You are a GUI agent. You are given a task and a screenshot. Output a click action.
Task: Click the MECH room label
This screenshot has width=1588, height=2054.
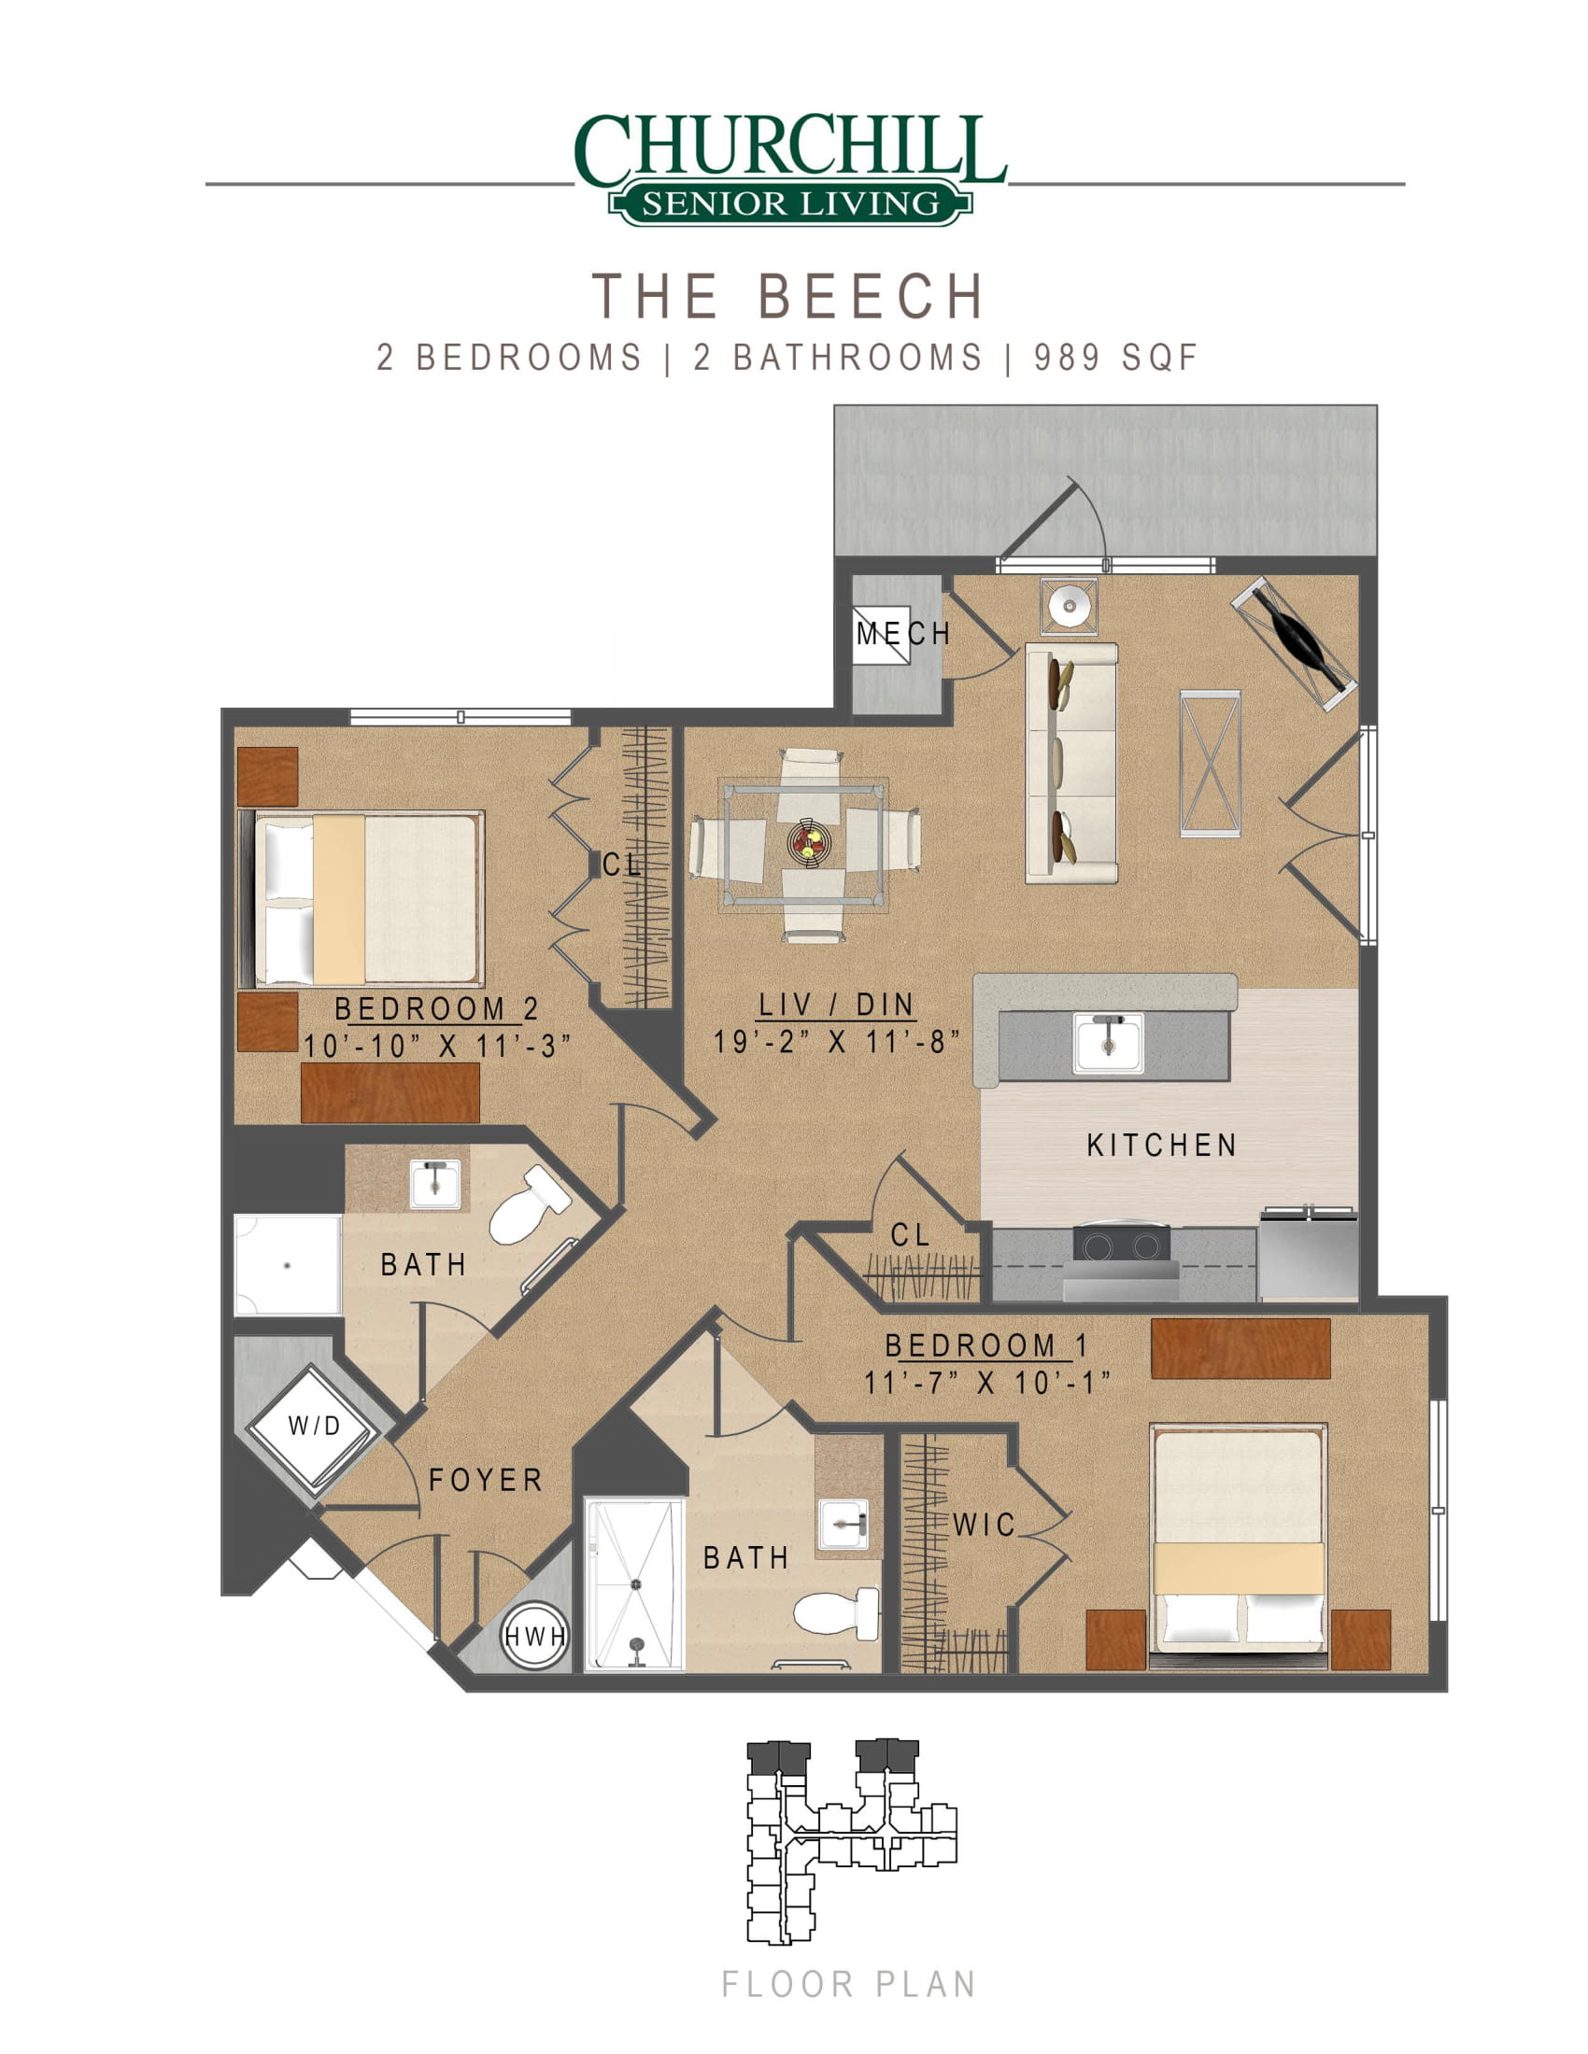[903, 634]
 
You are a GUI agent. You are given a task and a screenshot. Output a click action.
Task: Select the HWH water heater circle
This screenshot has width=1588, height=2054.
[534, 1638]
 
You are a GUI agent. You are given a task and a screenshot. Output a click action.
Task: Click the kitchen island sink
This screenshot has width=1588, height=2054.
[1108, 1042]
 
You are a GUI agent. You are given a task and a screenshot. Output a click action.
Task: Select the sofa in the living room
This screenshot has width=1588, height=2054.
[1070, 763]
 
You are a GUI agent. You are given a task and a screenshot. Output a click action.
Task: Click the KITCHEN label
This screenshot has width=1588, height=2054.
[1162, 1145]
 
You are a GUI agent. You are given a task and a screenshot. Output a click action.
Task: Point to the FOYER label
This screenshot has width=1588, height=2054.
[486, 1481]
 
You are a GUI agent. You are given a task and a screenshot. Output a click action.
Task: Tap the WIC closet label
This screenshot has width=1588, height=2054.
[984, 1525]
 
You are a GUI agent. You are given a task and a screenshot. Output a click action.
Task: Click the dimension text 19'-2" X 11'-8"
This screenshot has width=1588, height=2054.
[836, 1041]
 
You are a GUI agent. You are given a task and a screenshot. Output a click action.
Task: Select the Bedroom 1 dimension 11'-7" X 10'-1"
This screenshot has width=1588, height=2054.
[987, 1383]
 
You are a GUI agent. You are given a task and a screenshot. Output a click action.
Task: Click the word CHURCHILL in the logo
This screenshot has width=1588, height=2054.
[790, 147]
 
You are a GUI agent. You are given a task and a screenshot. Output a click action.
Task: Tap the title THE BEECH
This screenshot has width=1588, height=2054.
[788, 295]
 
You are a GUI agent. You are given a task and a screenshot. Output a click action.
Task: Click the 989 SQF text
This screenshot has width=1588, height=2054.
[1115, 358]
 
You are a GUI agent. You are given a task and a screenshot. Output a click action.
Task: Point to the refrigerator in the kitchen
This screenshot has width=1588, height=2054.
[1308, 1255]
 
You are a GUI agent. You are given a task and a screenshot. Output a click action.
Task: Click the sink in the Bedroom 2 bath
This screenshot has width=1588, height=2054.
[434, 1183]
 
